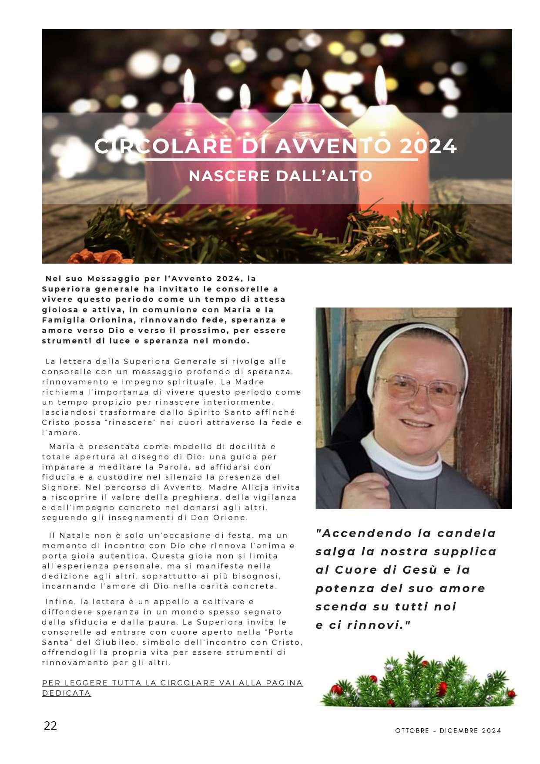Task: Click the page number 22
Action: pos(50,725)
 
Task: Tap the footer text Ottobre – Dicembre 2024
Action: pos(448,730)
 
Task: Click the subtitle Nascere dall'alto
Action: pos(281,176)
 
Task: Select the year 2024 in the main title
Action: pos(428,146)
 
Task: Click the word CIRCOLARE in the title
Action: pos(163,146)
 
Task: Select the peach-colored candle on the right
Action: pos(389,161)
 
